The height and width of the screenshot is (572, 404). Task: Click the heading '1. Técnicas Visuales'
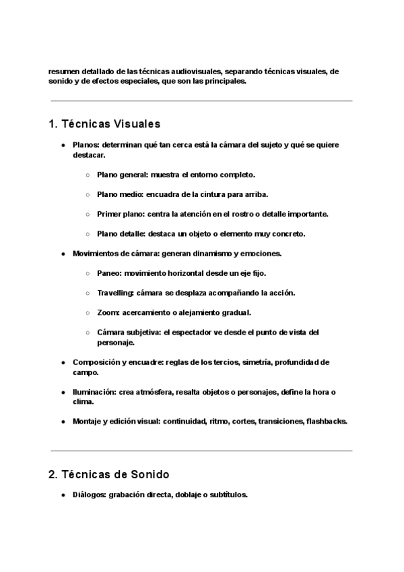pyautogui.click(x=104, y=124)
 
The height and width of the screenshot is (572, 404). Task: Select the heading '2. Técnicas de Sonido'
pyautogui.click(x=108, y=474)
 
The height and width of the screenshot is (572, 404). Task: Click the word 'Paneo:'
pyautogui.click(x=110, y=273)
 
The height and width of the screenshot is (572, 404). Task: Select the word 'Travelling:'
pyautogui.click(x=116, y=293)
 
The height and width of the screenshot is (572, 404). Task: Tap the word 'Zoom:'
pyautogui.click(x=108, y=312)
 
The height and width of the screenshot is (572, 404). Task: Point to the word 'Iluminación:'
pyautogui.click(x=94, y=392)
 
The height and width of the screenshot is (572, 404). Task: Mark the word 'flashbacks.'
pyautogui.click(x=327, y=422)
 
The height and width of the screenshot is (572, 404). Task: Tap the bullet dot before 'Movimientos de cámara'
pyautogui.click(x=63, y=254)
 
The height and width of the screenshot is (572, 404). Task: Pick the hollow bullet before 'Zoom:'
pyautogui.click(x=88, y=313)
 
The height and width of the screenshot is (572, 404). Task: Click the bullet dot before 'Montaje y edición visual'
pyautogui.click(x=63, y=422)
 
